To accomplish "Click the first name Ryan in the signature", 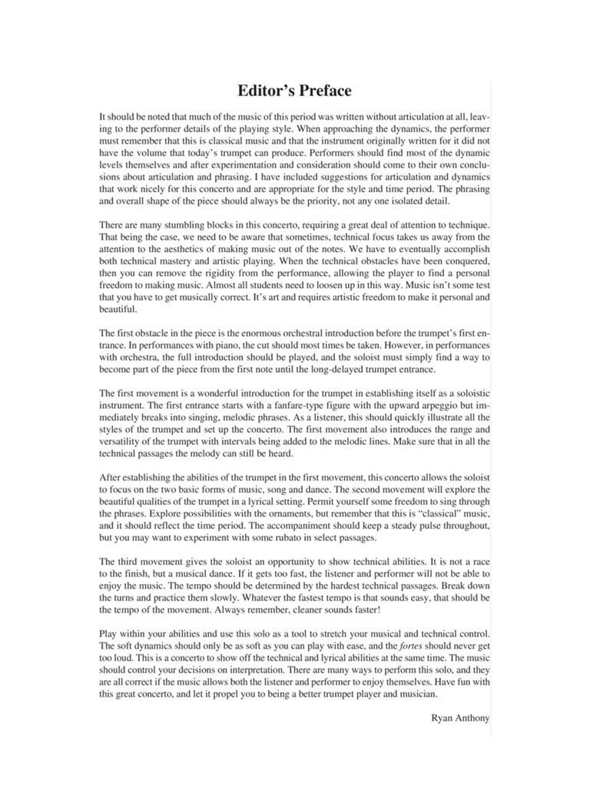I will pos(444,718).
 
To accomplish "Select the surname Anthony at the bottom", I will pos(475,718).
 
